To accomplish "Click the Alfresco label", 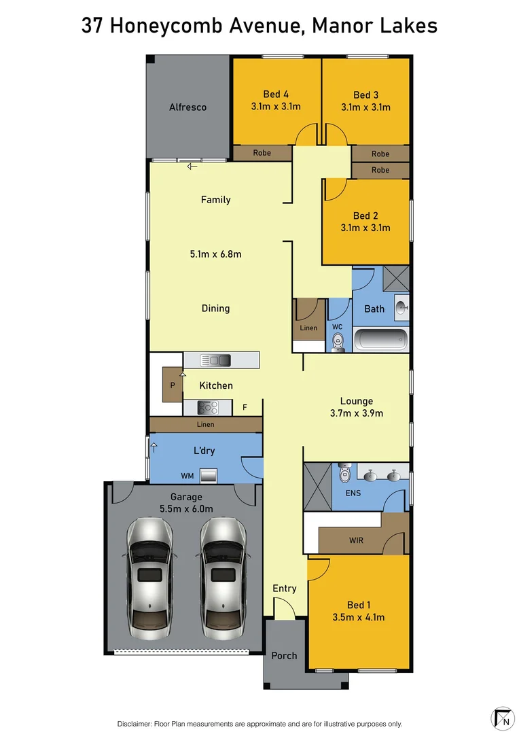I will (x=187, y=107).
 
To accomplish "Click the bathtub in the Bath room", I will (x=381, y=338).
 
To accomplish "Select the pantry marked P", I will (x=172, y=385).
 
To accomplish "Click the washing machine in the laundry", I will (x=208, y=474).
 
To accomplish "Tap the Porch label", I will (x=284, y=655).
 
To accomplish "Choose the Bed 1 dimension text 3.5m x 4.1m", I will (x=359, y=617).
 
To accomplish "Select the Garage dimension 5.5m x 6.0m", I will (x=186, y=508).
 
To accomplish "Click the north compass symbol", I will (x=502, y=718).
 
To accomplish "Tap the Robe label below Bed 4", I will (x=262, y=153).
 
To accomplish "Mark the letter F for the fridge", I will (x=245, y=408).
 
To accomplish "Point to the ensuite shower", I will (x=317, y=486).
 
